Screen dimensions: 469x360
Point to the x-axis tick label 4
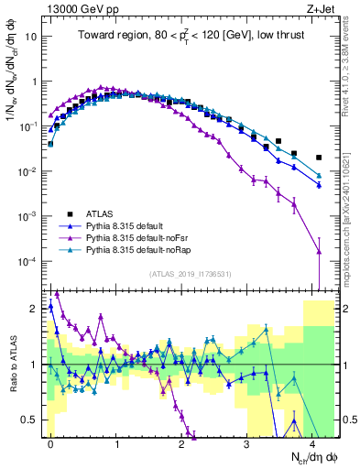pos(312,443)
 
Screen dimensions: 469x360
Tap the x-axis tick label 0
pos(50,443)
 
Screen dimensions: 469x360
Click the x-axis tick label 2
pos(181,443)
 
